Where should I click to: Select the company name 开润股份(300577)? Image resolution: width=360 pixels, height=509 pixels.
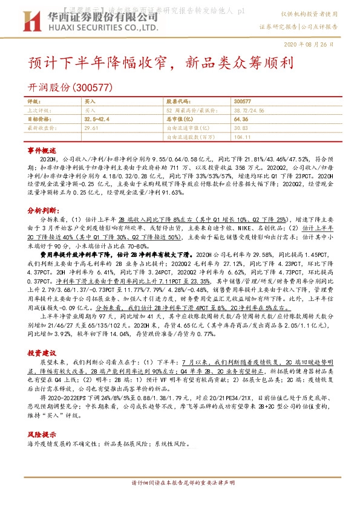point(71,87)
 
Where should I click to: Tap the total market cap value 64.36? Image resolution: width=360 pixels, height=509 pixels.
point(240,120)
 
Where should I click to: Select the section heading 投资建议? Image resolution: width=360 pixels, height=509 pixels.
point(42,336)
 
